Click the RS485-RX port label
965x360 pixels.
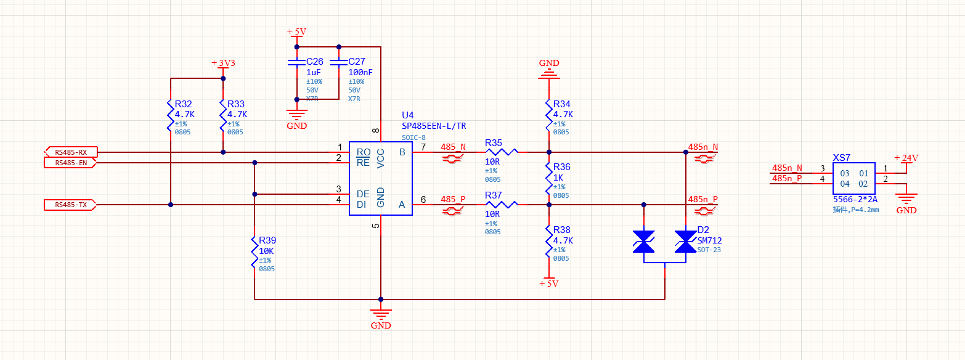tap(70, 152)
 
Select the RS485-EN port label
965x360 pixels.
tap(70, 163)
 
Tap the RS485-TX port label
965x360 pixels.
tap(70, 205)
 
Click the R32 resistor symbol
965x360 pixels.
tap(171, 114)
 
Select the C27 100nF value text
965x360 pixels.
tap(360, 72)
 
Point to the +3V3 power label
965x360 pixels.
tap(223, 63)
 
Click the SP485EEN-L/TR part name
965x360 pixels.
tap(434, 126)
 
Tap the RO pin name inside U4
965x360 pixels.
tap(363, 152)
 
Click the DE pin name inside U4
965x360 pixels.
tap(363, 194)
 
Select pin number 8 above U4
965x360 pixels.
tap(375, 131)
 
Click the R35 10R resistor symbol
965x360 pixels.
tap(502, 152)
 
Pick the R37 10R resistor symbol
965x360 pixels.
tap(502, 205)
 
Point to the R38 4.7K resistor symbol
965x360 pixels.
tap(548, 240)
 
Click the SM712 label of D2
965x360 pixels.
tap(709, 240)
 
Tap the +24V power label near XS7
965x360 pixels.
tap(906, 158)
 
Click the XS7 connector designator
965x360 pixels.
tap(842, 158)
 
